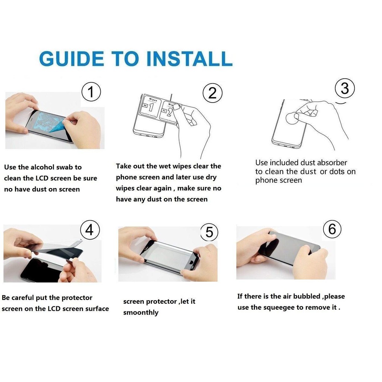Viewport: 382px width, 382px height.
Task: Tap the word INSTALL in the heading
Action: click(189, 59)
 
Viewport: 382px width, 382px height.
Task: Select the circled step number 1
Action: click(91, 92)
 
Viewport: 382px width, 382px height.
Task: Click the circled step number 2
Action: click(212, 93)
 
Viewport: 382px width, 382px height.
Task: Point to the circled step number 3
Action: click(345, 88)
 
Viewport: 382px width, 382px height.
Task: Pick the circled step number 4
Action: click(90, 230)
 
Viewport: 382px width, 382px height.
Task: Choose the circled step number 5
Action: click(209, 232)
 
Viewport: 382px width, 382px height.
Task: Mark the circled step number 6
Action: click(332, 229)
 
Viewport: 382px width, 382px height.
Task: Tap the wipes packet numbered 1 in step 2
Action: click(150, 107)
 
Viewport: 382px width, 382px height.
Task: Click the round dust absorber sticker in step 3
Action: click(292, 119)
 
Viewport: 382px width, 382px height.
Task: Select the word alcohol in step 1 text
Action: click(43, 167)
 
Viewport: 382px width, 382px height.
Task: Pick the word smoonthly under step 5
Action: click(141, 313)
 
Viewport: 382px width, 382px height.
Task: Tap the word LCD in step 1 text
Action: click(43, 178)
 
